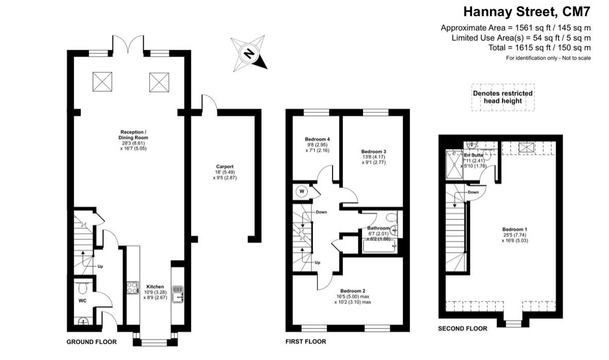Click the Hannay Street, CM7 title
click(527, 12)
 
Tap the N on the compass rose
click(249, 53)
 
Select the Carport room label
click(225, 172)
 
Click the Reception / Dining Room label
click(133, 140)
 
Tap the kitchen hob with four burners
click(133, 288)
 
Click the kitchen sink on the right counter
click(178, 294)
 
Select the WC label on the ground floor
click(82, 301)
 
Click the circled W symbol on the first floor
click(302, 191)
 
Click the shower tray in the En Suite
click(455, 164)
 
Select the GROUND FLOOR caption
click(92, 342)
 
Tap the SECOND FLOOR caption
click(463, 329)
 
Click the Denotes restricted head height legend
click(502, 97)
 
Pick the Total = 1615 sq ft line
click(540, 48)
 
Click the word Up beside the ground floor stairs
click(100, 267)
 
